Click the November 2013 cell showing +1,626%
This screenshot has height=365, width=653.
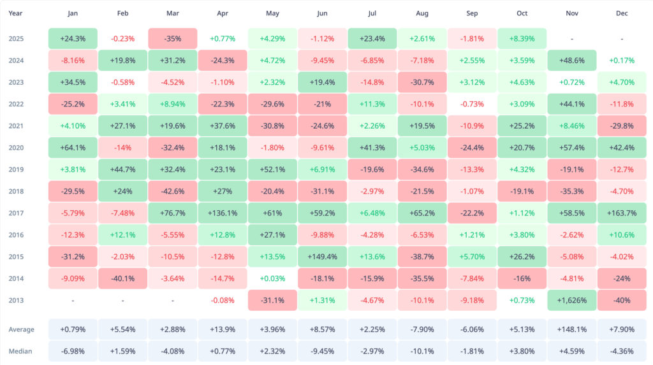(x=572, y=300)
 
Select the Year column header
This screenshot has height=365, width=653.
(x=16, y=13)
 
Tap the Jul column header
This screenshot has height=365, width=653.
(x=372, y=13)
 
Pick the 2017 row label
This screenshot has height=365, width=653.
(x=17, y=213)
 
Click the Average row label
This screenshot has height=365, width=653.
(x=22, y=329)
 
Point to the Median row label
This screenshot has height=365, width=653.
(x=21, y=351)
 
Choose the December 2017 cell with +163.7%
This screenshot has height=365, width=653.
(x=622, y=213)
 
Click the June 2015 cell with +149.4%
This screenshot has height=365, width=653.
(x=323, y=256)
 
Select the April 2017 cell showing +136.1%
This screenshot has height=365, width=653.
(x=223, y=213)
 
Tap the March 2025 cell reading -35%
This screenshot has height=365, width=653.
(x=173, y=38)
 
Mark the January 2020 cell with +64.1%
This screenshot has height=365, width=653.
(x=73, y=147)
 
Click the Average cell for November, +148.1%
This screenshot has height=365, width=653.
(x=572, y=329)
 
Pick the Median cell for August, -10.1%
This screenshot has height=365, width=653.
(x=422, y=351)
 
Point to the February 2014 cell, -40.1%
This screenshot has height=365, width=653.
(x=122, y=278)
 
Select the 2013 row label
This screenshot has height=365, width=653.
(x=17, y=300)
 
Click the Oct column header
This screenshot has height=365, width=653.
(x=522, y=13)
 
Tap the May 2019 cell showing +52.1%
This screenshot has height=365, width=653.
(x=272, y=169)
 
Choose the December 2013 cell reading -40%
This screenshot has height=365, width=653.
(x=622, y=300)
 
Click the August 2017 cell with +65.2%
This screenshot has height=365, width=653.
(x=422, y=213)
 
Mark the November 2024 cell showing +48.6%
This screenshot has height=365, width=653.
(x=572, y=61)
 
